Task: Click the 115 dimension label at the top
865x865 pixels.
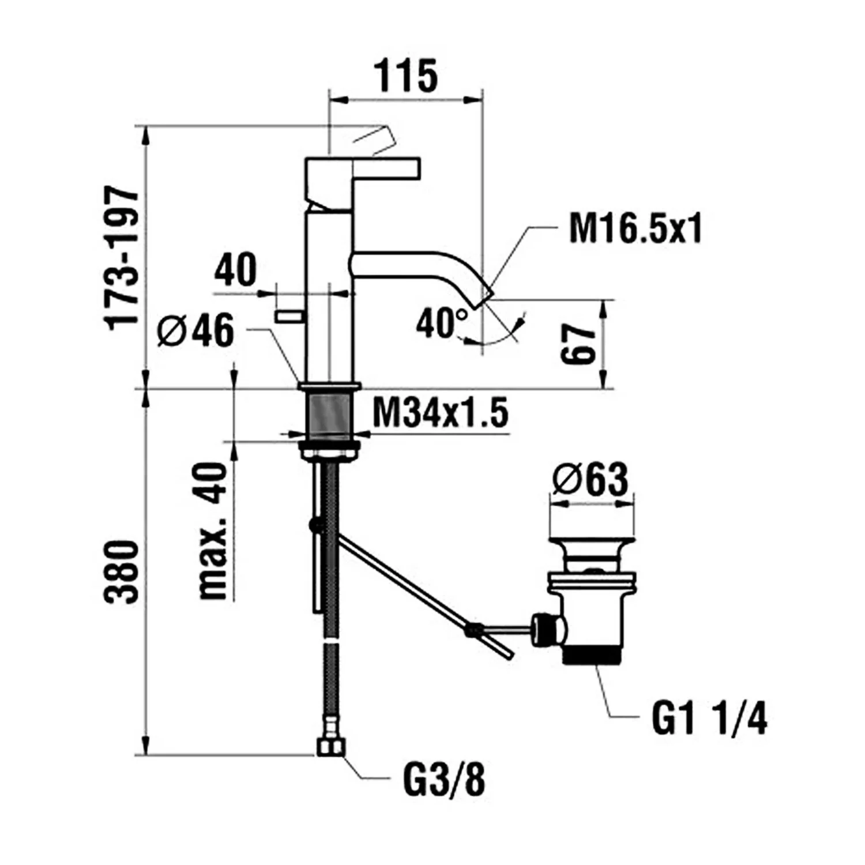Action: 407,76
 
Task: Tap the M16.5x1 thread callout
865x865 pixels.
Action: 635,229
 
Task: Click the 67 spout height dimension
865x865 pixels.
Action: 578,344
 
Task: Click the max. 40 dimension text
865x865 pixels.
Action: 212,531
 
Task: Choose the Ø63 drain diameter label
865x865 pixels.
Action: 589,480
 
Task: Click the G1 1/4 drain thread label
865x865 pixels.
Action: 709,719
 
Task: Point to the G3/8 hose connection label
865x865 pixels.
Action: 444,780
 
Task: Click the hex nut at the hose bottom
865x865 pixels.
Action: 330,747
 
